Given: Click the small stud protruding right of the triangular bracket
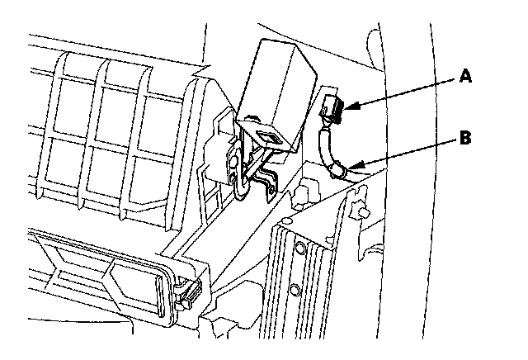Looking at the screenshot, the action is pyautogui.click(x=363, y=212).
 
